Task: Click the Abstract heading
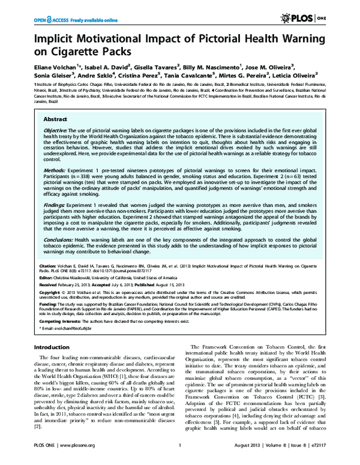pos(55,120)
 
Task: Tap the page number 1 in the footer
pos(180,457)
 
